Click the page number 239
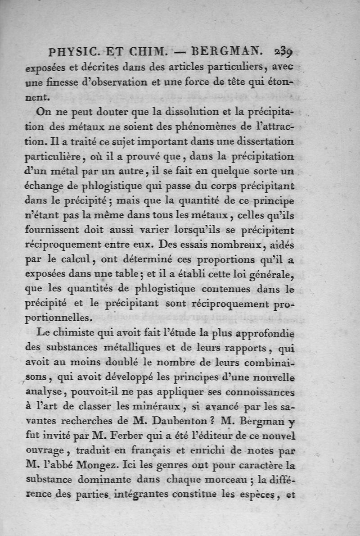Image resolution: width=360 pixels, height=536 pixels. click(283, 51)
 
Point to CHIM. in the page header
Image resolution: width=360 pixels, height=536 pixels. click(145, 51)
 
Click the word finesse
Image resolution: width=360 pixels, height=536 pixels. click(63, 82)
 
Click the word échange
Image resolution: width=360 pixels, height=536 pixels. click(45, 186)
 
